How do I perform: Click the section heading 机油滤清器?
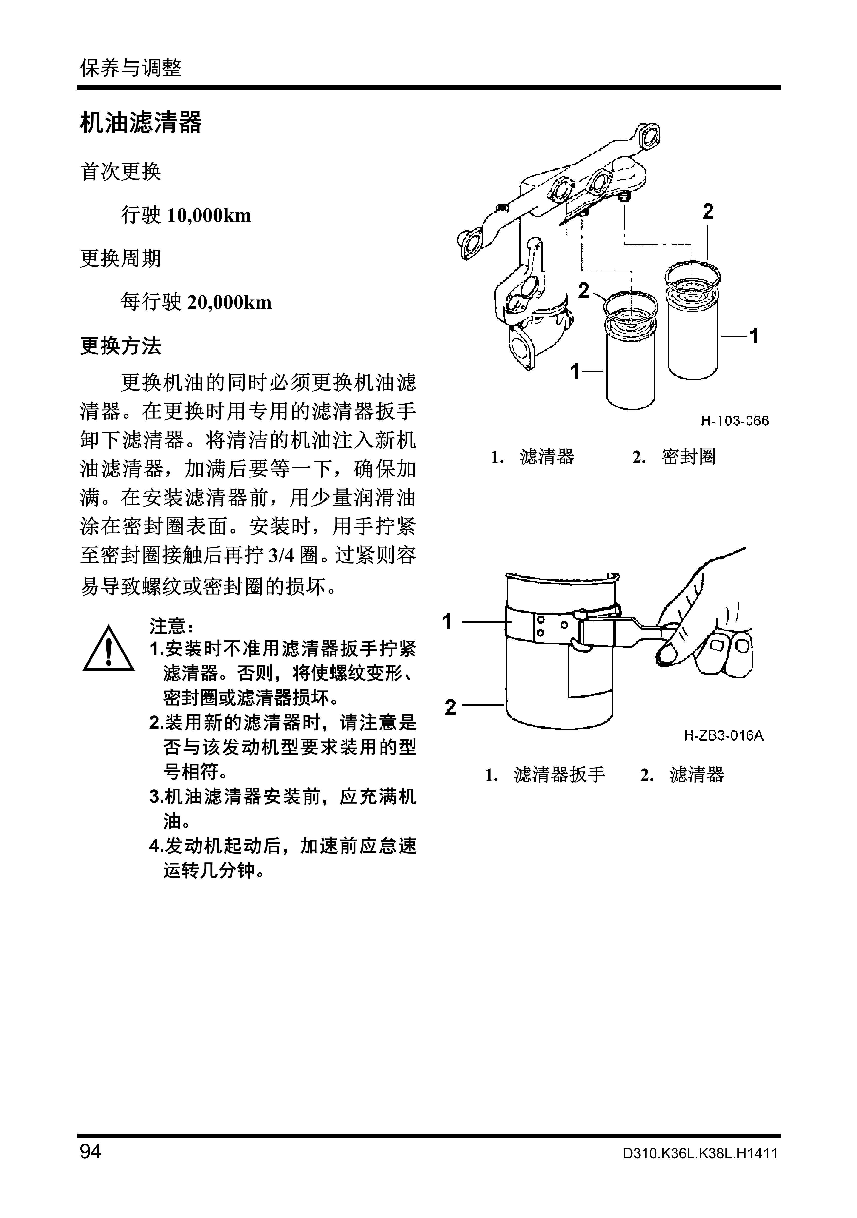(x=141, y=123)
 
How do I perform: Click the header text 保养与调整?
(x=130, y=68)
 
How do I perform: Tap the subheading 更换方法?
(x=120, y=346)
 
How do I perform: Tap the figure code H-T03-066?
(x=734, y=421)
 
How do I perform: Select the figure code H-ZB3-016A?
(x=723, y=736)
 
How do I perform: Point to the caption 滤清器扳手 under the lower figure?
(x=559, y=775)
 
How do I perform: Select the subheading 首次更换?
(x=120, y=172)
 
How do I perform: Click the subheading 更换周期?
(x=120, y=259)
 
